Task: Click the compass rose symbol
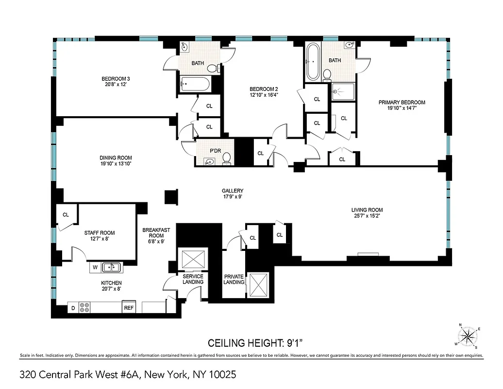click(469, 336)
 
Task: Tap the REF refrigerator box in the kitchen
click(129, 308)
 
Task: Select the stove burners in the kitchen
click(84, 307)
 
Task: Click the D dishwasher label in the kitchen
click(73, 308)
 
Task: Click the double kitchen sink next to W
click(112, 267)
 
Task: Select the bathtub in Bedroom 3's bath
click(195, 85)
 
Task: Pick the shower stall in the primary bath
click(343, 91)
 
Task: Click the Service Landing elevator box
click(193, 258)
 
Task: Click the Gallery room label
click(233, 191)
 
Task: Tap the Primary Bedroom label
click(402, 102)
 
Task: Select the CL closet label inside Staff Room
click(66, 214)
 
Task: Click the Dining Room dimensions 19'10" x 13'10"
click(116, 164)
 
